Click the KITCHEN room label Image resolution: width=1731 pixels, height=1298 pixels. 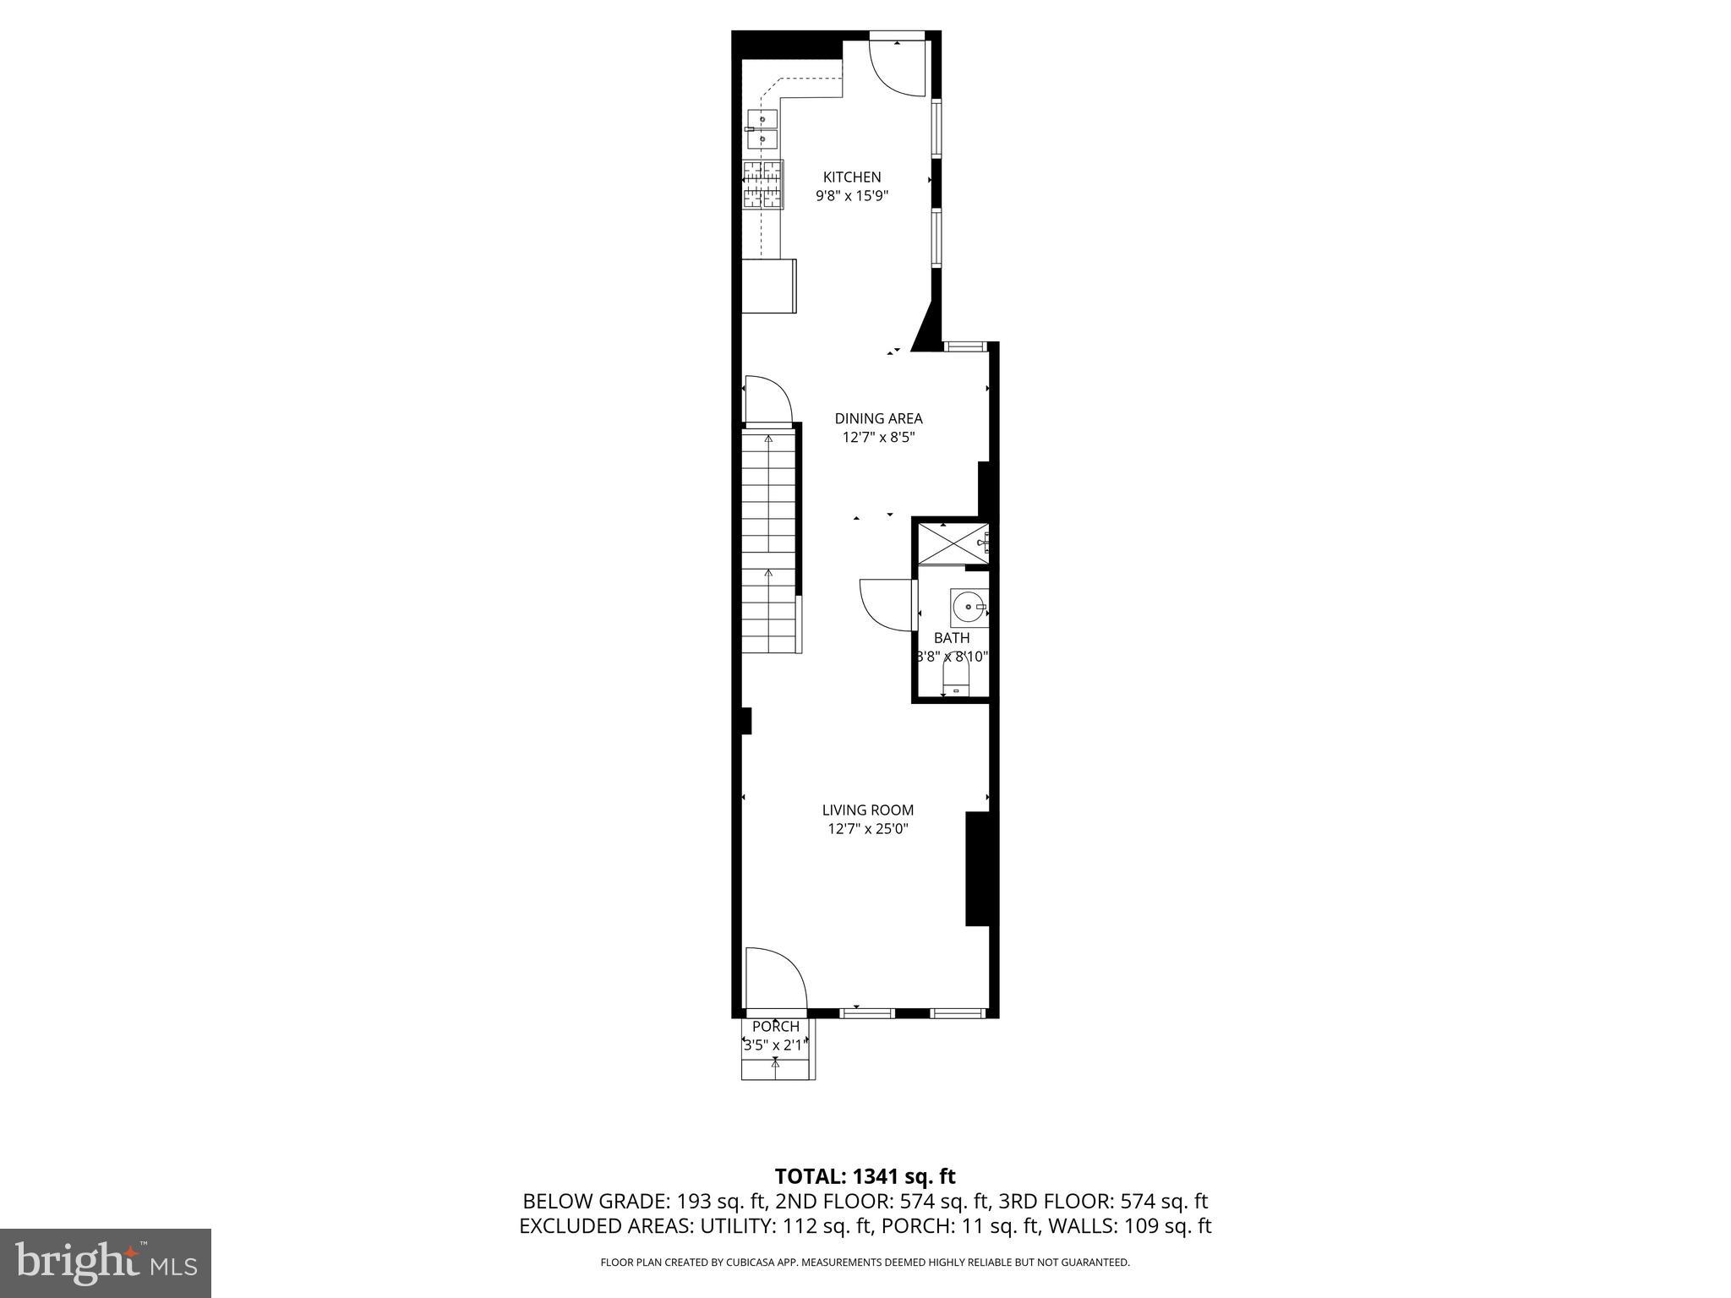tap(852, 177)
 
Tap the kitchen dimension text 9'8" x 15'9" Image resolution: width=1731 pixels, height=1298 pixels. tap(852, 196)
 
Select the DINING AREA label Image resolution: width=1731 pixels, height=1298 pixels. tap(878, 418)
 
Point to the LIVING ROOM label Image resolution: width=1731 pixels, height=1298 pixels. tap(867, 810)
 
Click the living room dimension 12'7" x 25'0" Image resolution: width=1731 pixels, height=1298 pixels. tap(867, 829)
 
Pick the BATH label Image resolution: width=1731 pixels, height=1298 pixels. tap(952, 638)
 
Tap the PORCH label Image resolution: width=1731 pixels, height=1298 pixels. tap(775, 1027)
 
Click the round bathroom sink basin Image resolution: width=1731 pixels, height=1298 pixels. tap(969, 607)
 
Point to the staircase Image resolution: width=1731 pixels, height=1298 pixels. tap(769, 541)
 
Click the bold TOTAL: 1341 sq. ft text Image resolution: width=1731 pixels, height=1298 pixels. tap(865, 1176)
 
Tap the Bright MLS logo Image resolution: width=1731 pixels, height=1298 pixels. tap(106, 1263)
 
